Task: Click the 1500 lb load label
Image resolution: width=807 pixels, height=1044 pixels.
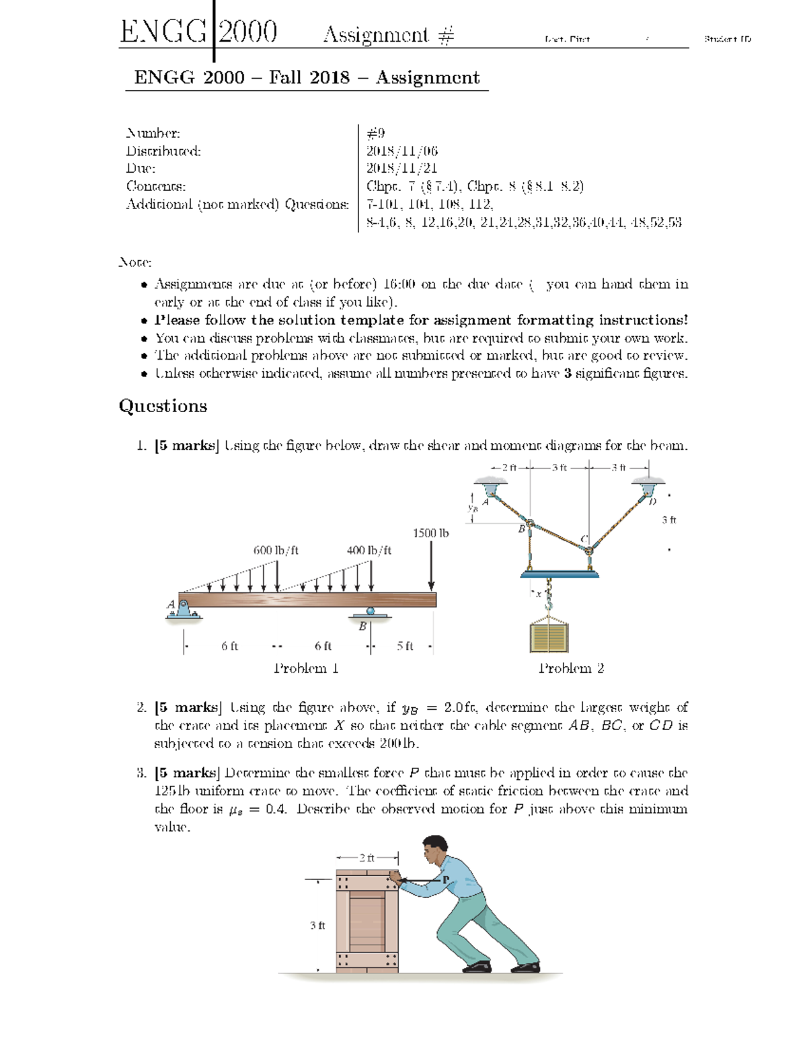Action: click(x=430, y=533)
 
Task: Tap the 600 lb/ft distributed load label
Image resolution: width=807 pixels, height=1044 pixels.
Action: click(x=276, y=550)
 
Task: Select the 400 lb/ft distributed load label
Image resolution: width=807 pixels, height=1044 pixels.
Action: click(x=369, y=550)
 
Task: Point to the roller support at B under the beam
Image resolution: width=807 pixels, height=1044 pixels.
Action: click(x=370, y=612)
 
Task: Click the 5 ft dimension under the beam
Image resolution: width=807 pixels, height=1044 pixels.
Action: click(x=405, y=646)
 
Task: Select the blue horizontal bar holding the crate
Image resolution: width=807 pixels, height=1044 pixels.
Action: click(x=560, y=573)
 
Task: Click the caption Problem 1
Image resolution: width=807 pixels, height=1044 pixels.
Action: click(x=306, y=668)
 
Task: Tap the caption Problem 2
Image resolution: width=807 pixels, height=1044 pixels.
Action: click(x=571, y=668)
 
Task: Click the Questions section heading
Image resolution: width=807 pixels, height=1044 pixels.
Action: click(x=163, y=406)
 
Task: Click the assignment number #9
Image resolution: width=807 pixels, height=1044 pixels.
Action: click(x=375, y=133)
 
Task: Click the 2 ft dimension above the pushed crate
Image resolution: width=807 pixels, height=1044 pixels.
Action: click(x=367, y=858)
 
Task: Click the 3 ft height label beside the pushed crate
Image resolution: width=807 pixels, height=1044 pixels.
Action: click(x=317, y=926)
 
